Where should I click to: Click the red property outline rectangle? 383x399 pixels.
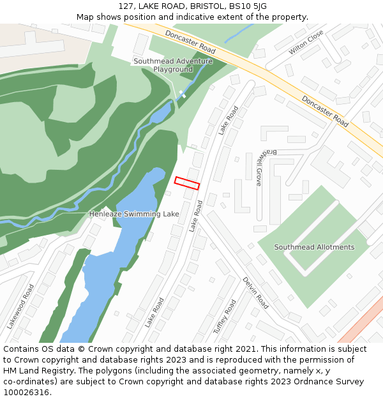tap(187, 183)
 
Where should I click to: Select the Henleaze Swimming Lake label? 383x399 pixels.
tap(134, 214)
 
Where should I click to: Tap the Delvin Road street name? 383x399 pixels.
tap(255, 293)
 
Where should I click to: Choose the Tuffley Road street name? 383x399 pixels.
tap(225, 317)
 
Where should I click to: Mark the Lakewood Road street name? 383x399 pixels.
tap(20, 306)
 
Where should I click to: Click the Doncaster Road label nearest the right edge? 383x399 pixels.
tap(325, 111)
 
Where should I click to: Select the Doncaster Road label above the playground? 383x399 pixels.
tap(190, 41)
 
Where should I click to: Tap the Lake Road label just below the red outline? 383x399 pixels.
tap(195, 216)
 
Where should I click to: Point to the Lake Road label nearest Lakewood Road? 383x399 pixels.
tap(154, 312)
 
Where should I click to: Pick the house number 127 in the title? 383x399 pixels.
tap(126, 6)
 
